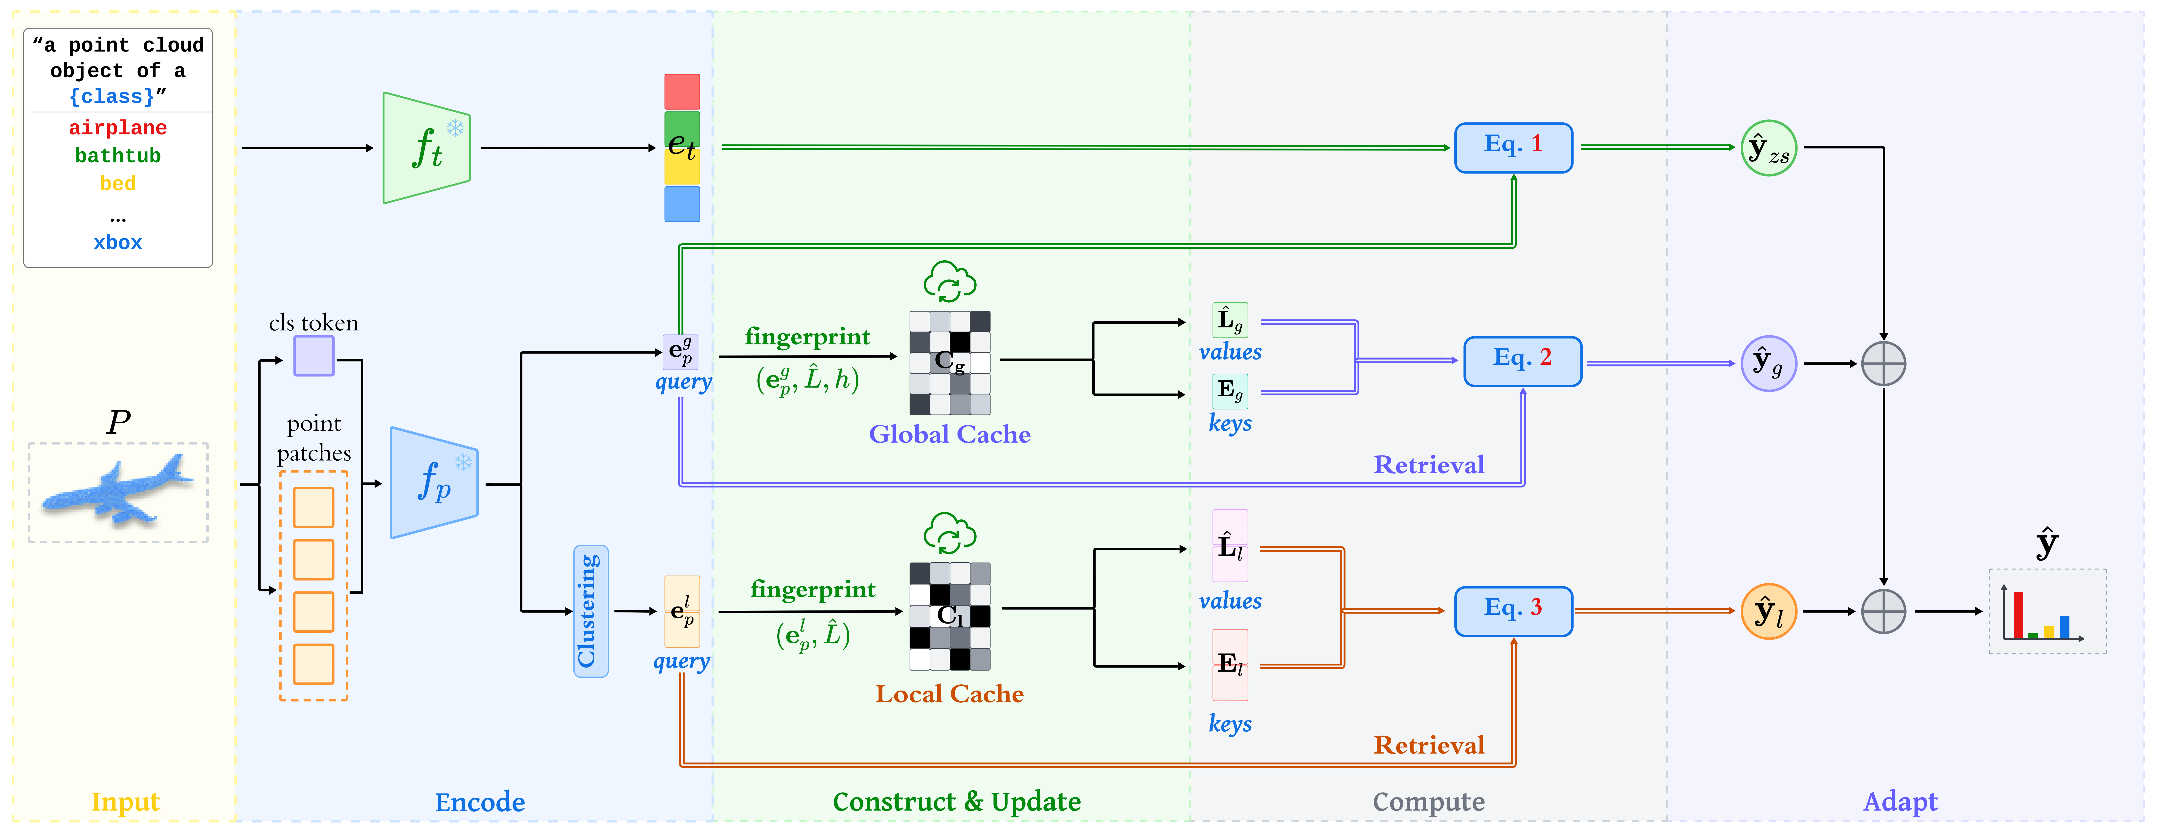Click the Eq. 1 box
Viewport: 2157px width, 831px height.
1513,147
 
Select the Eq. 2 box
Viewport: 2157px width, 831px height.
1522,361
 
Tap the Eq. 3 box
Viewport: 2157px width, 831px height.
1513,611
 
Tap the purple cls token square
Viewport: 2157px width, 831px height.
314,356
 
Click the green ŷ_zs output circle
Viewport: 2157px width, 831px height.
1769,148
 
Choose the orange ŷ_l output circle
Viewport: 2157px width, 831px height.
1769,611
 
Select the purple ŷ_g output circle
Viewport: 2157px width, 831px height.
1769,363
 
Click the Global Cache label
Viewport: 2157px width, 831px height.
949,434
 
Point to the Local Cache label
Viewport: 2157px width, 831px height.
949,694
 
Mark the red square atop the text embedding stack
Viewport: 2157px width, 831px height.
682,91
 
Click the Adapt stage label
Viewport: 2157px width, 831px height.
1900,802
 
